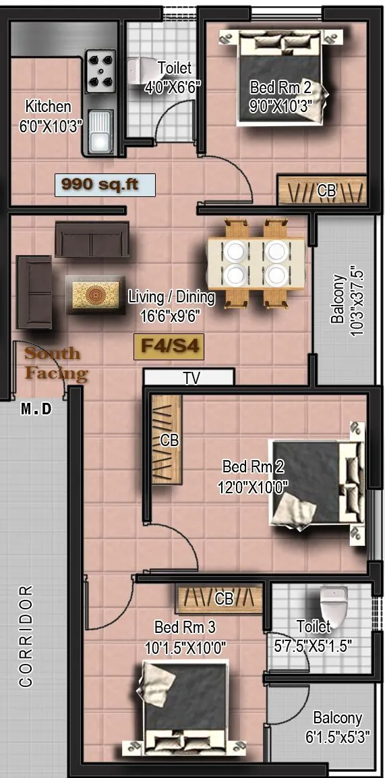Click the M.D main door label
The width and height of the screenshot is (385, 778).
click(36, 409)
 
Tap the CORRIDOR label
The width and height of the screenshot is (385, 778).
click(26, 636)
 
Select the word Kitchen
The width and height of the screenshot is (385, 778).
click(48, 106)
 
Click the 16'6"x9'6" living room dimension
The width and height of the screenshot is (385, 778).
click(171, 314)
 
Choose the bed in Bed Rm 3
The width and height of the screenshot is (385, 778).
click(186, 706)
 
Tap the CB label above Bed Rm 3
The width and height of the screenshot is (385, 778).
click(224, 599)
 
